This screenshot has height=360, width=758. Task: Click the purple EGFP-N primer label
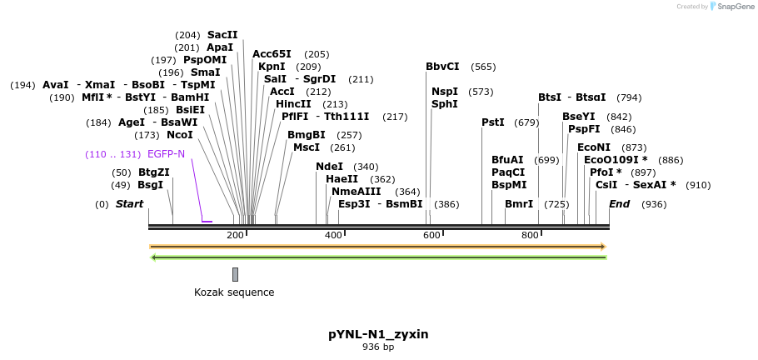coord(166,154)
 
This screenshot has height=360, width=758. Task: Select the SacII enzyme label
coord(222,35)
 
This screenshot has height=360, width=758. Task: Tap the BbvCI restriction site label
coord(442,67)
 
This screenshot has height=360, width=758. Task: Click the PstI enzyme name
coord(493,122)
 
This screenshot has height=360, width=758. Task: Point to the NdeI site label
coord(329,167)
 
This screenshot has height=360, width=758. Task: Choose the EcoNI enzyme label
coord(594,147)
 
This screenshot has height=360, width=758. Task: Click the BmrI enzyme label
coord(519,204)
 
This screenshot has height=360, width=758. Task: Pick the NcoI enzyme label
coord(180,134)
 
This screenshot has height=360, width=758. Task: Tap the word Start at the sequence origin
coord(129,204)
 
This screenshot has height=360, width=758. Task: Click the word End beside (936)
coord(620,204)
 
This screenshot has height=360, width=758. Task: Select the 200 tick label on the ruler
coord(235,236)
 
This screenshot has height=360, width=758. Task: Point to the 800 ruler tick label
coord(530,236)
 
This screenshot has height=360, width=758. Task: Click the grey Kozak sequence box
coord(236,274)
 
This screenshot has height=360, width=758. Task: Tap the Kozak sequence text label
coord(234,292)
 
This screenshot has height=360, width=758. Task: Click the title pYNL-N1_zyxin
coord(378,334)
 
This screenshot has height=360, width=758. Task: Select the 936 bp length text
coord(378,347)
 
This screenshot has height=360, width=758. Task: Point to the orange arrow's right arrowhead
coord(602,247)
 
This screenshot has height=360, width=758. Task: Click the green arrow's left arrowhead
coord(153,257)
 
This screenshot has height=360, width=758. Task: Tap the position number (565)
coord(483,67)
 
